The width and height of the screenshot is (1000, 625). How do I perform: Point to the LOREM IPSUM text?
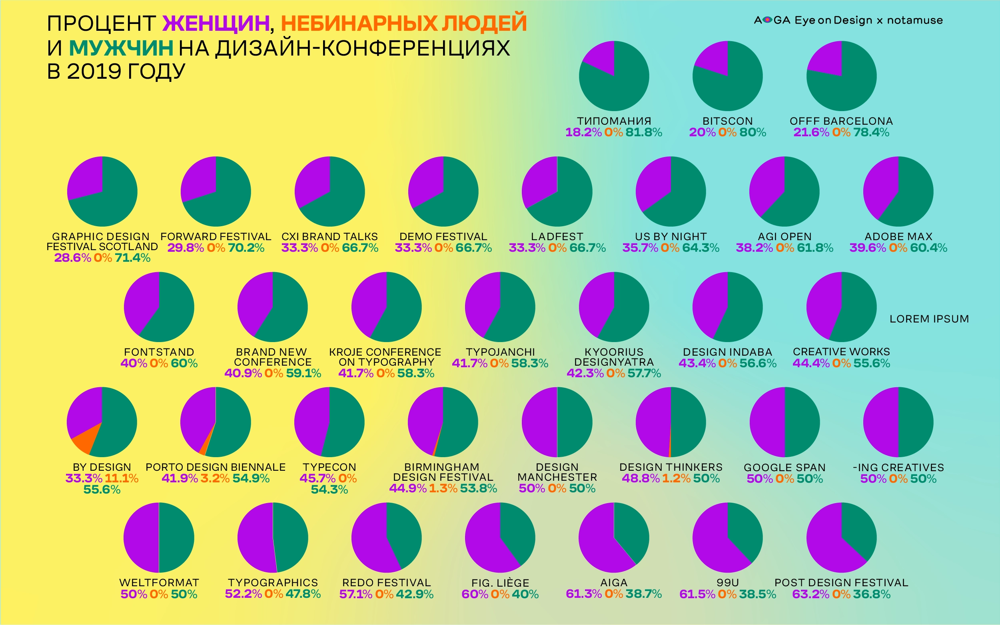929,319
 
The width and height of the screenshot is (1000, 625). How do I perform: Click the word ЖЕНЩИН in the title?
216,23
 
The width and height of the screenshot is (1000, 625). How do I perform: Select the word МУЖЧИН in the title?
121,48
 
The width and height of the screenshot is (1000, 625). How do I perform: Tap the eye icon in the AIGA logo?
767,20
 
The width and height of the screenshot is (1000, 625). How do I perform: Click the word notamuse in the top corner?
915,20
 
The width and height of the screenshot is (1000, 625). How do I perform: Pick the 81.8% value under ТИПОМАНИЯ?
643,132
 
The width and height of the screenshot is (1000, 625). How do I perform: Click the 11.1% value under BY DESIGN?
121,478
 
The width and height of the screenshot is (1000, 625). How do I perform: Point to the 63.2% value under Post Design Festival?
810,594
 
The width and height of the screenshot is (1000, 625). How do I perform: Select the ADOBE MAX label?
898,237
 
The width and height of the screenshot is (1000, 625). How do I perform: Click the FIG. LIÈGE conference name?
500,583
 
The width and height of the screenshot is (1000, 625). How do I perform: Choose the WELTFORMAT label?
159,582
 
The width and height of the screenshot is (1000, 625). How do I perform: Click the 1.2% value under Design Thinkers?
676,478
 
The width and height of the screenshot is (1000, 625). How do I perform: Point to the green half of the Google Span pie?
802,422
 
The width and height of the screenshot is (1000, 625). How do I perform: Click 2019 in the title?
94,72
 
